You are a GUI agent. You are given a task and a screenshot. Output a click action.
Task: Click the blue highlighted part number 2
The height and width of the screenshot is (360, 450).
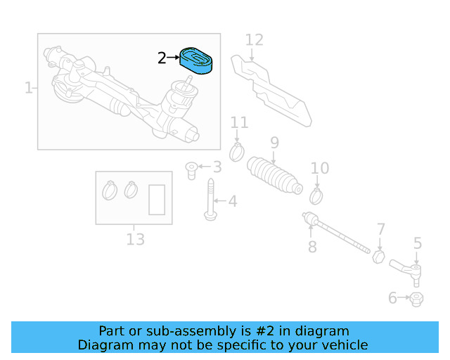tap(198, 60)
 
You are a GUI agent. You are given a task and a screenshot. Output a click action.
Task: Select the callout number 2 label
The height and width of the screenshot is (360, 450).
tap(162, 58)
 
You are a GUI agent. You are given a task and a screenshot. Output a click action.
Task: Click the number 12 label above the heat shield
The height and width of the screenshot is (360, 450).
tap(254, 40)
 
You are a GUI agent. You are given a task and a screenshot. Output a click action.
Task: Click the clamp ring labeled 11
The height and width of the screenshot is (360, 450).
tap(238, 150)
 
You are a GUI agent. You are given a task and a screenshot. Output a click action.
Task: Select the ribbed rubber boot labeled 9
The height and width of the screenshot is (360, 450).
tap(274, 175)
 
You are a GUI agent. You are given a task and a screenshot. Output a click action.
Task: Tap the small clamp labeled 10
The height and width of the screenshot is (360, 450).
tap(316, 192)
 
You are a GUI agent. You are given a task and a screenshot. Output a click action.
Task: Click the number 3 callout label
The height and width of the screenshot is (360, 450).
tap(217, 167)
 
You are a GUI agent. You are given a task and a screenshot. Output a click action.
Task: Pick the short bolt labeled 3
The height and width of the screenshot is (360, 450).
tap(191, 169)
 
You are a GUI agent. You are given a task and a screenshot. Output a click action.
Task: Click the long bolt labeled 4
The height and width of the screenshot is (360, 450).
tap(210, 200)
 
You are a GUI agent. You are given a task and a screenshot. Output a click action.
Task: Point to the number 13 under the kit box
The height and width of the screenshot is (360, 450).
tap(135, 240)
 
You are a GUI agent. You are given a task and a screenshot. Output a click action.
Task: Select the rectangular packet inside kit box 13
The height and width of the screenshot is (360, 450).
tap(157, 199)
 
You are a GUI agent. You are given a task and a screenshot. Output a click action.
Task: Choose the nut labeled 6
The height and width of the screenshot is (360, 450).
tap(416, 299)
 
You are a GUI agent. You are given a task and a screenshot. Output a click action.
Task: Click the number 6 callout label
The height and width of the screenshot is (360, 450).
tap(392, 298)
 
